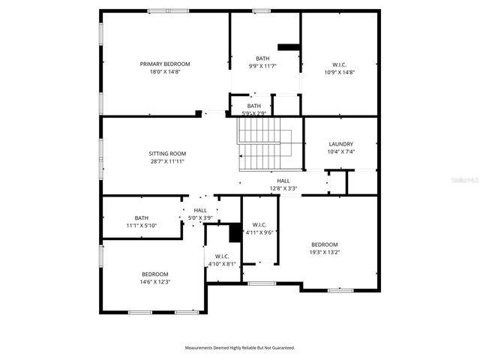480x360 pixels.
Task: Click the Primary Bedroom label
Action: click(x=165, y=64)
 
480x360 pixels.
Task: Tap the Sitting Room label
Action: click(x=167, y=153)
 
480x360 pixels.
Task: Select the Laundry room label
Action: click(x=340, y=144)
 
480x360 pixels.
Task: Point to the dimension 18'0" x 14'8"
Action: click(x=165, y=72)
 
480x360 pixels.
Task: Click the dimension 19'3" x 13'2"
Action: click(x=325, y=253)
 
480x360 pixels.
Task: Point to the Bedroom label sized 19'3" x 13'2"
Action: click(x=325, y=244)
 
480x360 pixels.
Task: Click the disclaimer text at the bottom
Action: click(x=240, y=347)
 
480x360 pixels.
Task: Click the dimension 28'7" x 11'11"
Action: click(x=167, y=161)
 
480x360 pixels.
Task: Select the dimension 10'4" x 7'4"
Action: click(x=340, y=152)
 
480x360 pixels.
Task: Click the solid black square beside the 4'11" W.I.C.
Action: click(x=235, y=233)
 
